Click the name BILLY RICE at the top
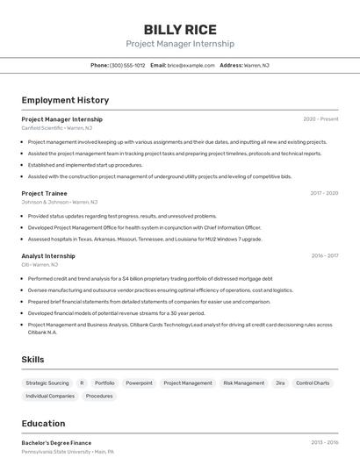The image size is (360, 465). [180, 30]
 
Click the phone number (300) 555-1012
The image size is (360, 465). [127, 65]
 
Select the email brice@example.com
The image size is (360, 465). [191, 65]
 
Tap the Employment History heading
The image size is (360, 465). [65, 100]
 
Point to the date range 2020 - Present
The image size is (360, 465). [320, 119]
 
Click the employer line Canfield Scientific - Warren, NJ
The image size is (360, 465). [55, 128]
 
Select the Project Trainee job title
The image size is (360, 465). [44, 193]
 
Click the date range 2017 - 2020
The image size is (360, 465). [324, 193]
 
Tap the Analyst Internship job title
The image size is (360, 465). [48, 256]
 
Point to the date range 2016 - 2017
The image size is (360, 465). [324, 256]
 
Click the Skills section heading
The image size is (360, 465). [33, 360]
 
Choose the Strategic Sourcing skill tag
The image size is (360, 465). [47, 383]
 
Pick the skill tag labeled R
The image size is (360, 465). [82, 383]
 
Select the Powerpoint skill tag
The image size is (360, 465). [139, 383]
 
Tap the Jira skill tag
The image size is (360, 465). [280, 383]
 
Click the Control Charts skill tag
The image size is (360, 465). [313, 383]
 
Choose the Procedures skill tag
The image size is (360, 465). [99, 396]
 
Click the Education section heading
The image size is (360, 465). [43, 423]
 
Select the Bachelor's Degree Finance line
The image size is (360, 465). [56, 443]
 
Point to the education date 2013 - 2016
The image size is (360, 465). [324, 443]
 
